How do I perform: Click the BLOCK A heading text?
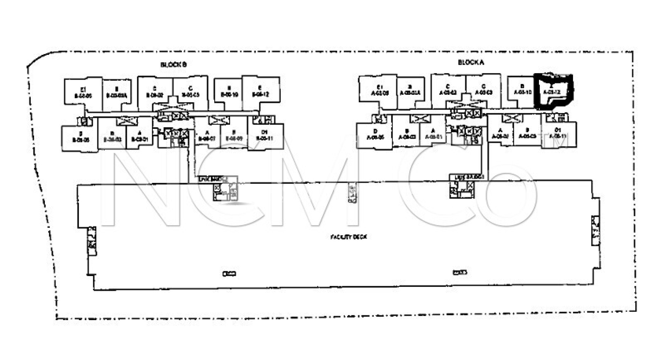click(x=471, y=62)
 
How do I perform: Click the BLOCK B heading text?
click(x=173, y=65)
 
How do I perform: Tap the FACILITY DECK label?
click(x=348, y=237)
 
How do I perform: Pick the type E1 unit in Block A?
click(x=379, y=90)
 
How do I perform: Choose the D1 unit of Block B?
click(x=265, y=136)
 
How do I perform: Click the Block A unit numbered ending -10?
click(x=522, y=90)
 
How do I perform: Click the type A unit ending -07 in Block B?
click(x=207, y=136)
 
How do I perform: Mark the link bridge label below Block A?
click(x=467, y=177)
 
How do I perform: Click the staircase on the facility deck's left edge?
click(x=92, y=241)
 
